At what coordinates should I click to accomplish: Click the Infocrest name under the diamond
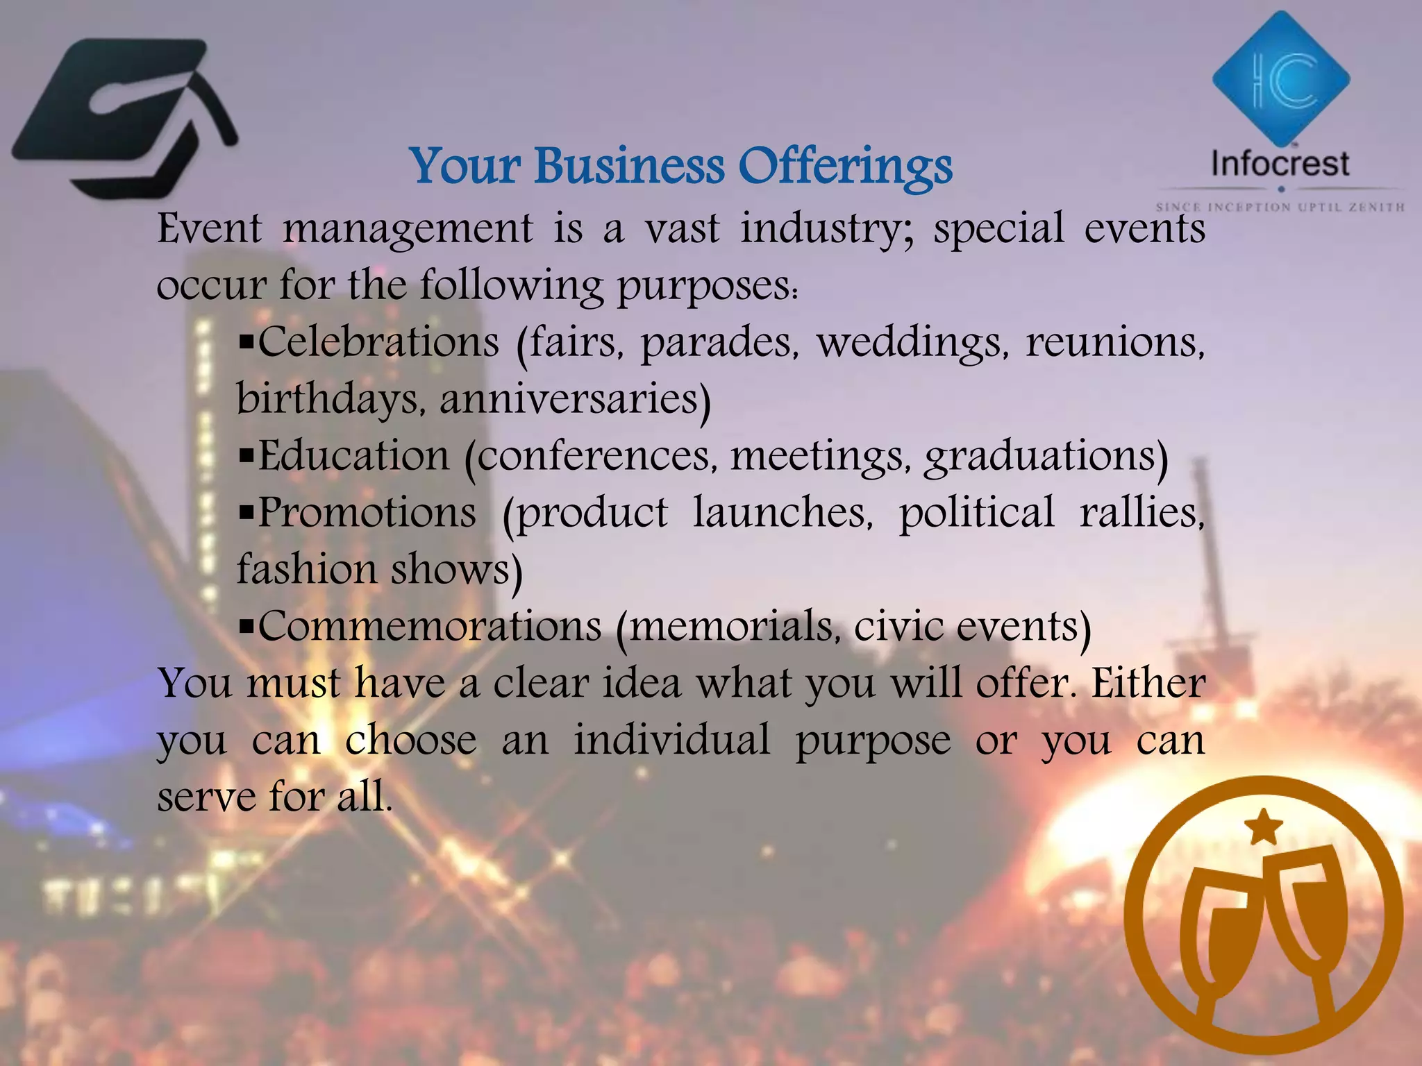[x=1280, y=164]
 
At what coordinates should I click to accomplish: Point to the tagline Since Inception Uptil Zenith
[x=1280, y=207]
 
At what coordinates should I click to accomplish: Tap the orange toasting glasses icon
[x=1263, y=920]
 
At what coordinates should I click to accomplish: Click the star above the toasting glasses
[x=1263, y=828]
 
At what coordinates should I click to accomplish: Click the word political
[x=976, y=514]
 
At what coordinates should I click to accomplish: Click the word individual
[x=671, y=740]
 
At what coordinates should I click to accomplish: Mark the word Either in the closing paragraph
[x=1148, y=683]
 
